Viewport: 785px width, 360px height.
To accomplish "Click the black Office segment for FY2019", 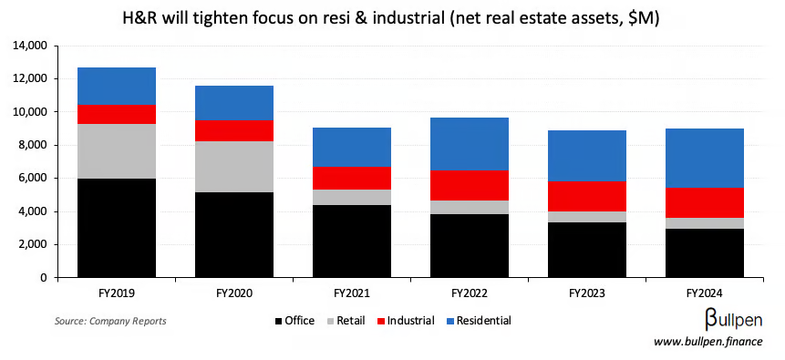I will (116, 228).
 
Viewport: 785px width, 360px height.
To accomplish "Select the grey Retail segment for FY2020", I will (234, 166).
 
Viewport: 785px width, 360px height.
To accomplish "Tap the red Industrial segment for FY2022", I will (469, 185).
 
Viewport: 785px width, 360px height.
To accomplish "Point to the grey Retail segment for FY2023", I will (586, 217).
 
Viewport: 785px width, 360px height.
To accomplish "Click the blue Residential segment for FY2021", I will (352, 147).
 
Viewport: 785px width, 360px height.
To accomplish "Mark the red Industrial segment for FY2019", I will (116, 114).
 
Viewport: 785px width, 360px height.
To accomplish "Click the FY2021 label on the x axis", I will (352, 293).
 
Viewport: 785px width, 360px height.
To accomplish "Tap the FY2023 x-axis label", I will (586, 293).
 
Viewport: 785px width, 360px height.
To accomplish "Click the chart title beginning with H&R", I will (392, 16).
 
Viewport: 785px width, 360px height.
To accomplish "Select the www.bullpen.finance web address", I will (708, 342).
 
